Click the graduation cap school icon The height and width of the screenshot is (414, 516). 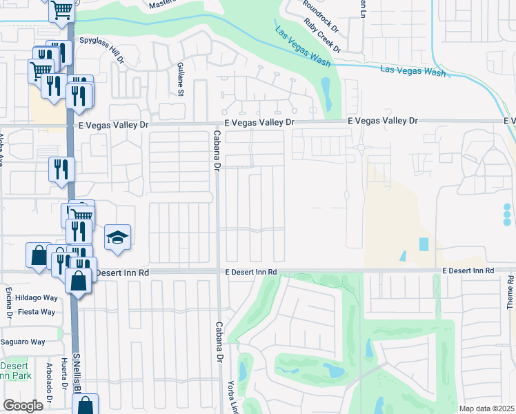117,238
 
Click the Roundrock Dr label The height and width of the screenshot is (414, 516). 321,14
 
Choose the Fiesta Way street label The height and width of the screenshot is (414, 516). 39,312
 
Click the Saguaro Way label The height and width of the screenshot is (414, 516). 23,342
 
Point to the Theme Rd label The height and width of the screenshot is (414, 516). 510,291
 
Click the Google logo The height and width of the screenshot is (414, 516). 23,405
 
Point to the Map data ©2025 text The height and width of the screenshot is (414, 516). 487,408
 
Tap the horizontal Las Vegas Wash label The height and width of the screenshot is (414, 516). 413,70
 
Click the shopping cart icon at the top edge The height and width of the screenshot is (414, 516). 61,10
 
